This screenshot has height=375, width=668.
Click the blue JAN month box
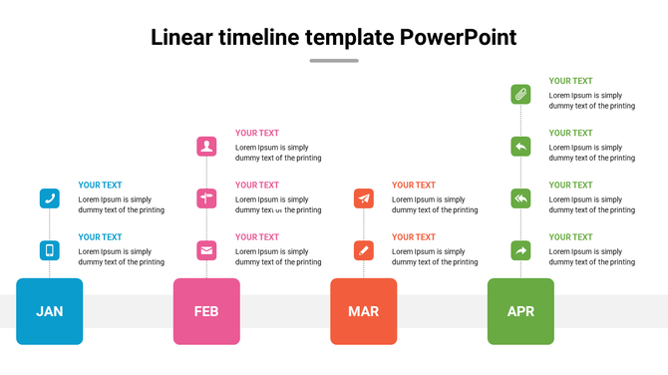[50, 311]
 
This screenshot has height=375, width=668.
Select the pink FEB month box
[206, 311]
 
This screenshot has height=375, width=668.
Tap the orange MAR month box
[364, 311]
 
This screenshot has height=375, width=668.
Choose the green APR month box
[520, 311]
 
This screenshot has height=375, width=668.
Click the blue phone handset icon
[50, 198]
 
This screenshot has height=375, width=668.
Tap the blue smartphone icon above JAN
[50, 250]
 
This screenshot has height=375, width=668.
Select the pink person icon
[206, 147]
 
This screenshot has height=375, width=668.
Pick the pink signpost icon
[206, 198]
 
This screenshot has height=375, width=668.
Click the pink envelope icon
[206, 250]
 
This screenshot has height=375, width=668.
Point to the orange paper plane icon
[364, 198]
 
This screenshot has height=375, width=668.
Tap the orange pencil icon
[364, 250]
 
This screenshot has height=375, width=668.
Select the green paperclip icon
[520, 95]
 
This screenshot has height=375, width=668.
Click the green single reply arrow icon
[520, 147]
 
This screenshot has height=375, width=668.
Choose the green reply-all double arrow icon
[520, 198]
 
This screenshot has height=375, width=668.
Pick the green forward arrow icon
[520, 250]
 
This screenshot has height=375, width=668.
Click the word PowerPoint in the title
[458, 38]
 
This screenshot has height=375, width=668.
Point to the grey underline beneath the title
[334, 61]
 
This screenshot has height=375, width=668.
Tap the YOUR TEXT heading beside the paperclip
[570, 81]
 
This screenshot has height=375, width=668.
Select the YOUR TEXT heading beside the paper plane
[414, 185]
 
